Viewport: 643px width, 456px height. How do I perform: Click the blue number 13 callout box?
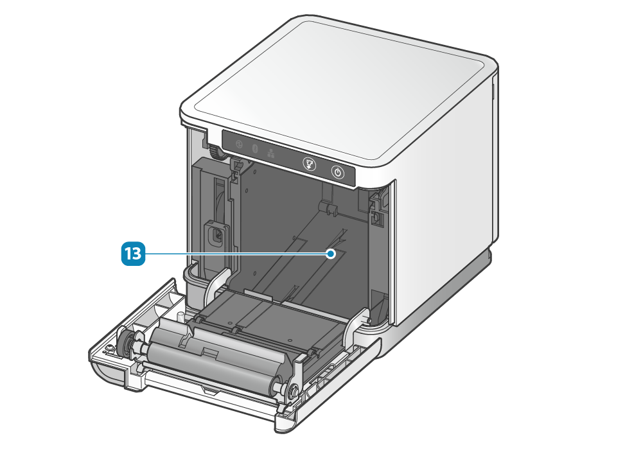tap(133, 254)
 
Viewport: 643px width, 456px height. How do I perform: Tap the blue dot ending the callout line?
tap(331, 254)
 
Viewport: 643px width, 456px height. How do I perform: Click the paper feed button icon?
tap(310, 164)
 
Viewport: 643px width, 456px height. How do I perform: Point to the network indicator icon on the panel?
tap(270, 153)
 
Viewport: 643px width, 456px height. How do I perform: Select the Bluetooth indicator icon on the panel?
tap(254, 148)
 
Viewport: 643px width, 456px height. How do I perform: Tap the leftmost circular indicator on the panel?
tap(239, 145)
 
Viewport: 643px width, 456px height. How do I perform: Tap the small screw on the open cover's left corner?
tap(109, 348)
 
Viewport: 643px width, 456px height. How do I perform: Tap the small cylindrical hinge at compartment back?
tap(328, 207)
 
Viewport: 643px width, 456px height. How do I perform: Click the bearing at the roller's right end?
tap(293, 390)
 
